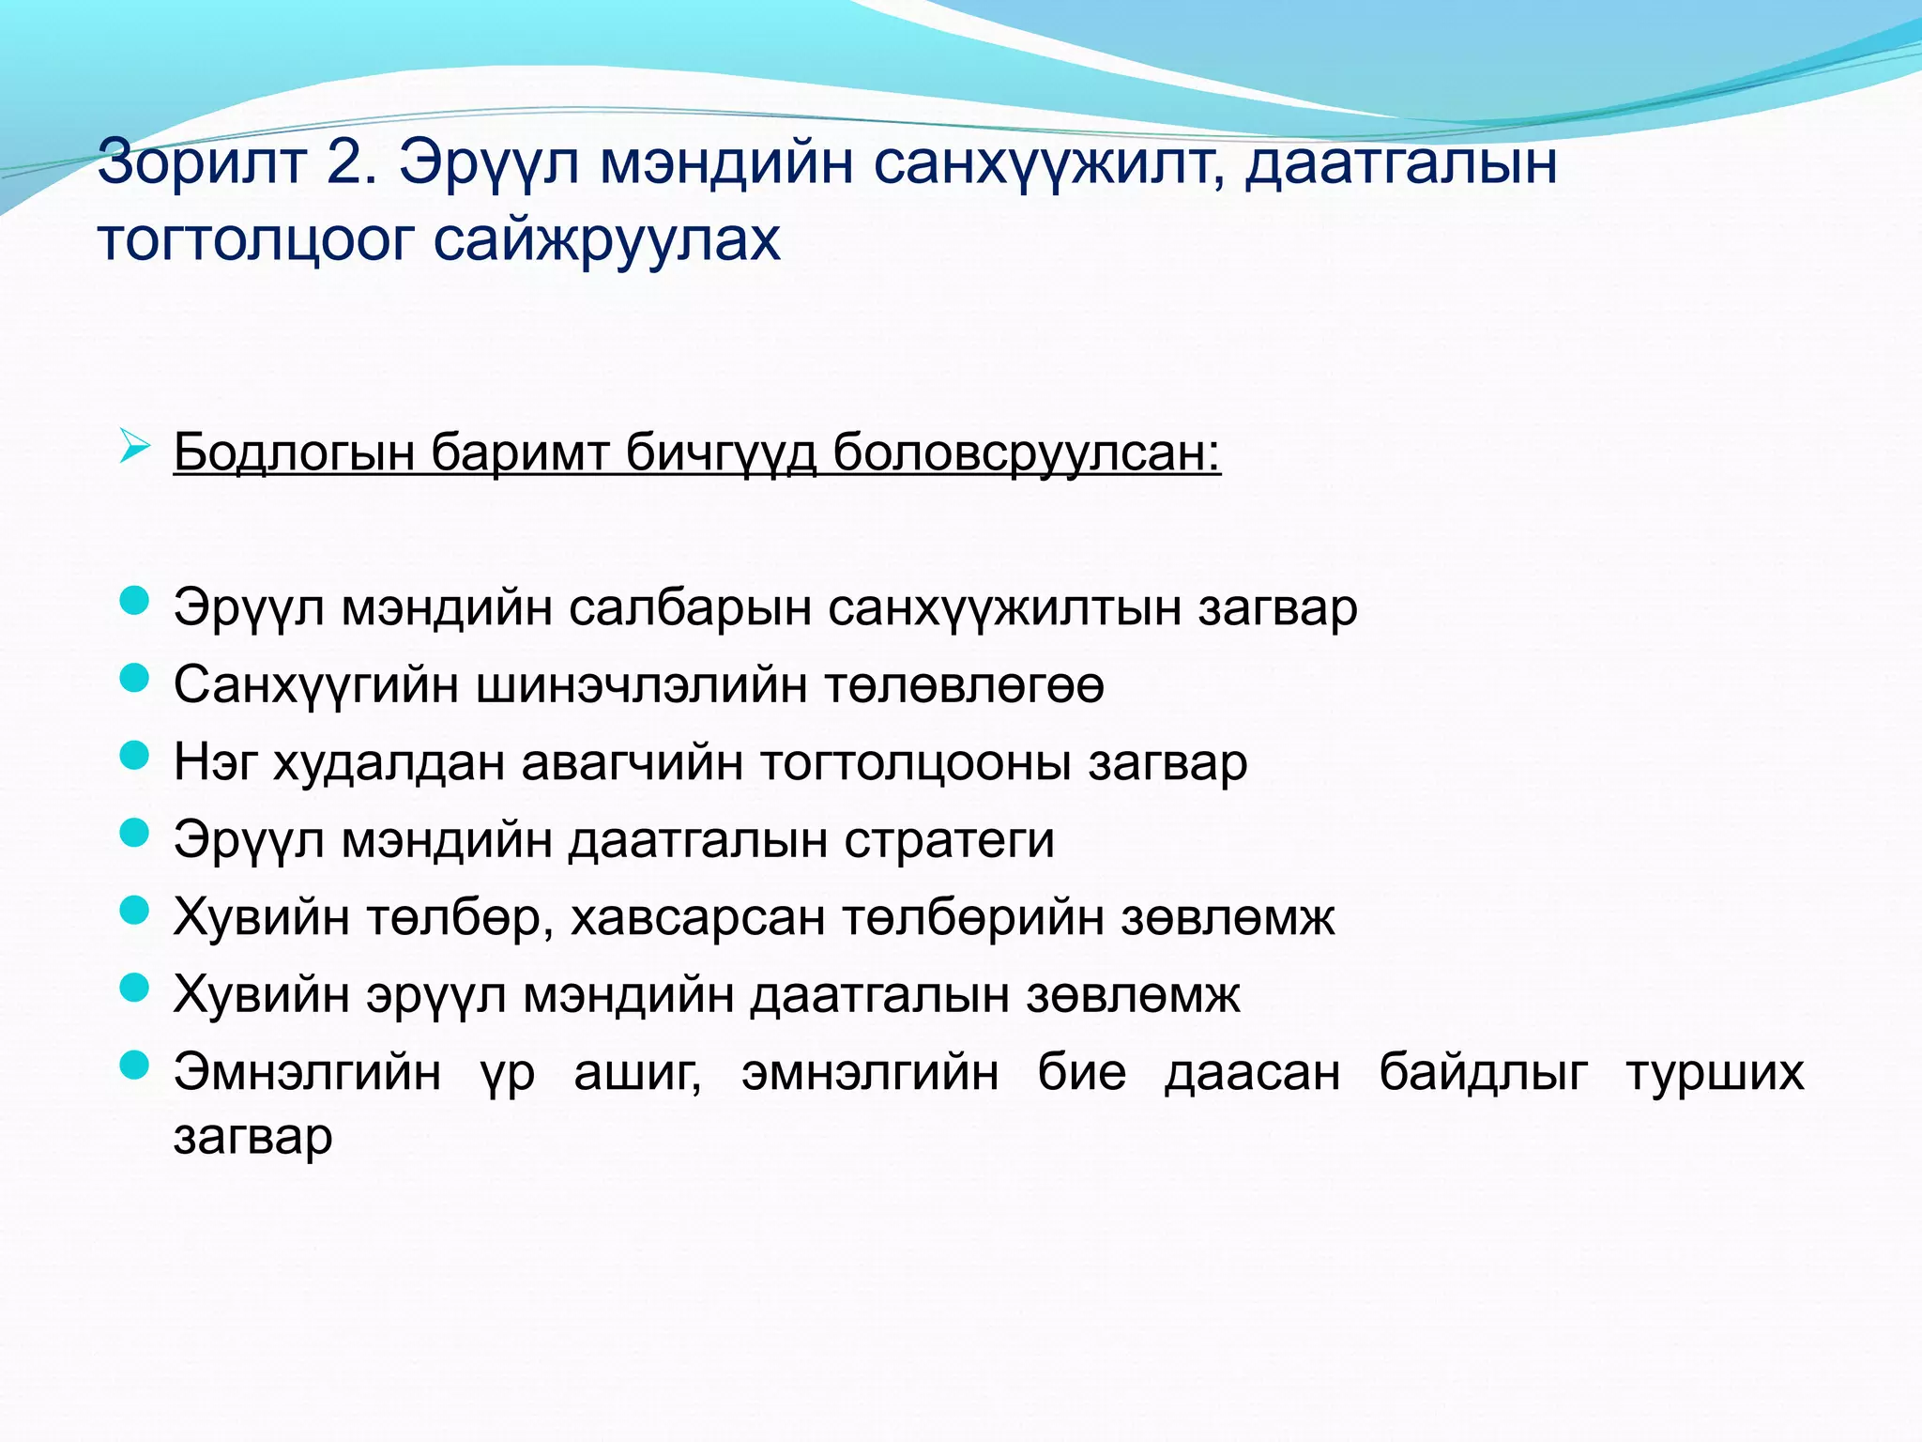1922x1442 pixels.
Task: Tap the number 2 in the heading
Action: tap(350, 162)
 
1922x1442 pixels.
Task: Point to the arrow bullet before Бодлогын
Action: tap(135, 448)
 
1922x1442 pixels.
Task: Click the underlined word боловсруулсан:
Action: tap(1027, 453)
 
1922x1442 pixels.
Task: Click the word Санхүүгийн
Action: tap(316, 685)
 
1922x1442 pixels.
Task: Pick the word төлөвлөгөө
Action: tap(965, 685)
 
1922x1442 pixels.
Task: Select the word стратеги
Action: tap(949, 839)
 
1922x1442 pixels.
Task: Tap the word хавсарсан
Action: tap(697, 917)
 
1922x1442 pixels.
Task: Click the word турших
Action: tap(1715, 1072)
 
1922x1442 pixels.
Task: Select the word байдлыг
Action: tap(1483, 1072)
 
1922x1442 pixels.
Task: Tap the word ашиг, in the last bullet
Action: tap(638, 1072)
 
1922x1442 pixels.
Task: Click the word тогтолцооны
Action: tap(915, 762)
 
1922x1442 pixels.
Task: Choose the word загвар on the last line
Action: tap(253, 1137)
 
